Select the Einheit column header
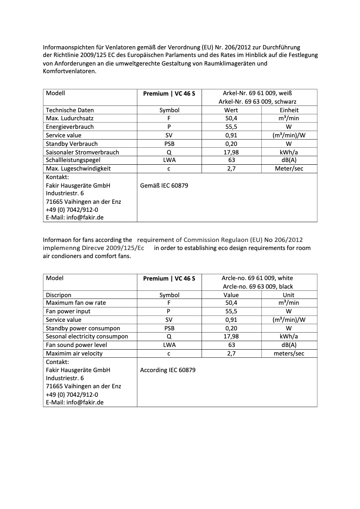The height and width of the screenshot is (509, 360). (x=289, y=110)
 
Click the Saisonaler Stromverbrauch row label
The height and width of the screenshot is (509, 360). (x=82, y=152)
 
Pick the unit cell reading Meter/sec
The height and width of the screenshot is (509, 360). (x=289, y=169)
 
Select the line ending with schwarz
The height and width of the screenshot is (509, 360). (x=257, y=101)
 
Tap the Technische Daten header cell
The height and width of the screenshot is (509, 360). (x=70, y=110)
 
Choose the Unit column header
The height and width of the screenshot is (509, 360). (x=289, y=295)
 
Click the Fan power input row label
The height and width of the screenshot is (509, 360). (x=68, y=312)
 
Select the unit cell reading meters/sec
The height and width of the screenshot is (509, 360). (x=289, y=354)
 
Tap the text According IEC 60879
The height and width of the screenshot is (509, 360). (x=167, y=370)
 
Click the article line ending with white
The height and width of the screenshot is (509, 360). (x=257, y=278)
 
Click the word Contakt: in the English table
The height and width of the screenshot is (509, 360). (x=57, y=362)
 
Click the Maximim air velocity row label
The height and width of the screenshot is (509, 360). (x=74, y=354)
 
